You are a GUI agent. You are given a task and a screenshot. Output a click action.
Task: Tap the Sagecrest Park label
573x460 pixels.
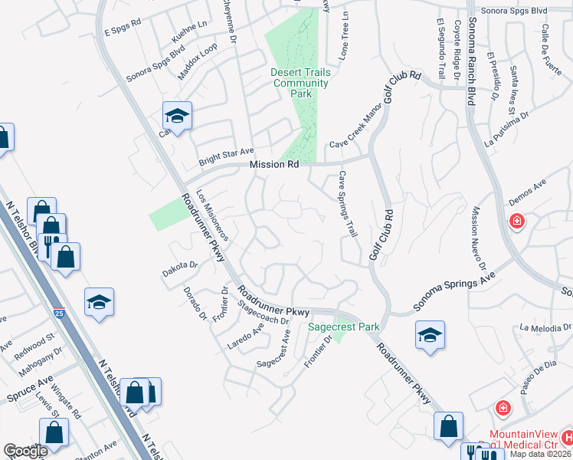[344, 327]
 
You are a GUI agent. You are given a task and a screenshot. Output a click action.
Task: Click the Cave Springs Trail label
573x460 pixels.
[348, 204]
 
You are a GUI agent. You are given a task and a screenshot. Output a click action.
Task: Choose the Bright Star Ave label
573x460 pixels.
[226, 156]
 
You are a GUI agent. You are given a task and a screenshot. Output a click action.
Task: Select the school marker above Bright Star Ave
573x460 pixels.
[177, 117]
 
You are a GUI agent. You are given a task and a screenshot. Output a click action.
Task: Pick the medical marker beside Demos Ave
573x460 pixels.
[519, 222]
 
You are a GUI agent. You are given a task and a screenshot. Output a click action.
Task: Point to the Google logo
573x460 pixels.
[26, 451]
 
